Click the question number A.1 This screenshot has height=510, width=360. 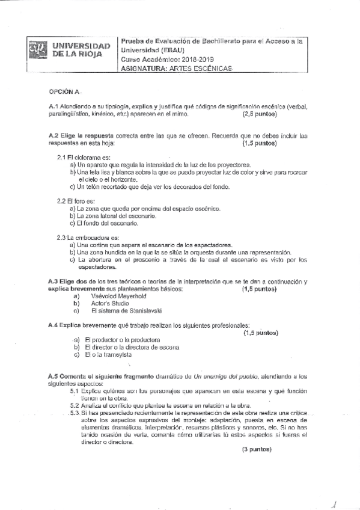53,106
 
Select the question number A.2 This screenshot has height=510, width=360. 53,137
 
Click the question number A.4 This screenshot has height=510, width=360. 53,325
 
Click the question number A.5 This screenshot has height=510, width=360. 53,375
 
